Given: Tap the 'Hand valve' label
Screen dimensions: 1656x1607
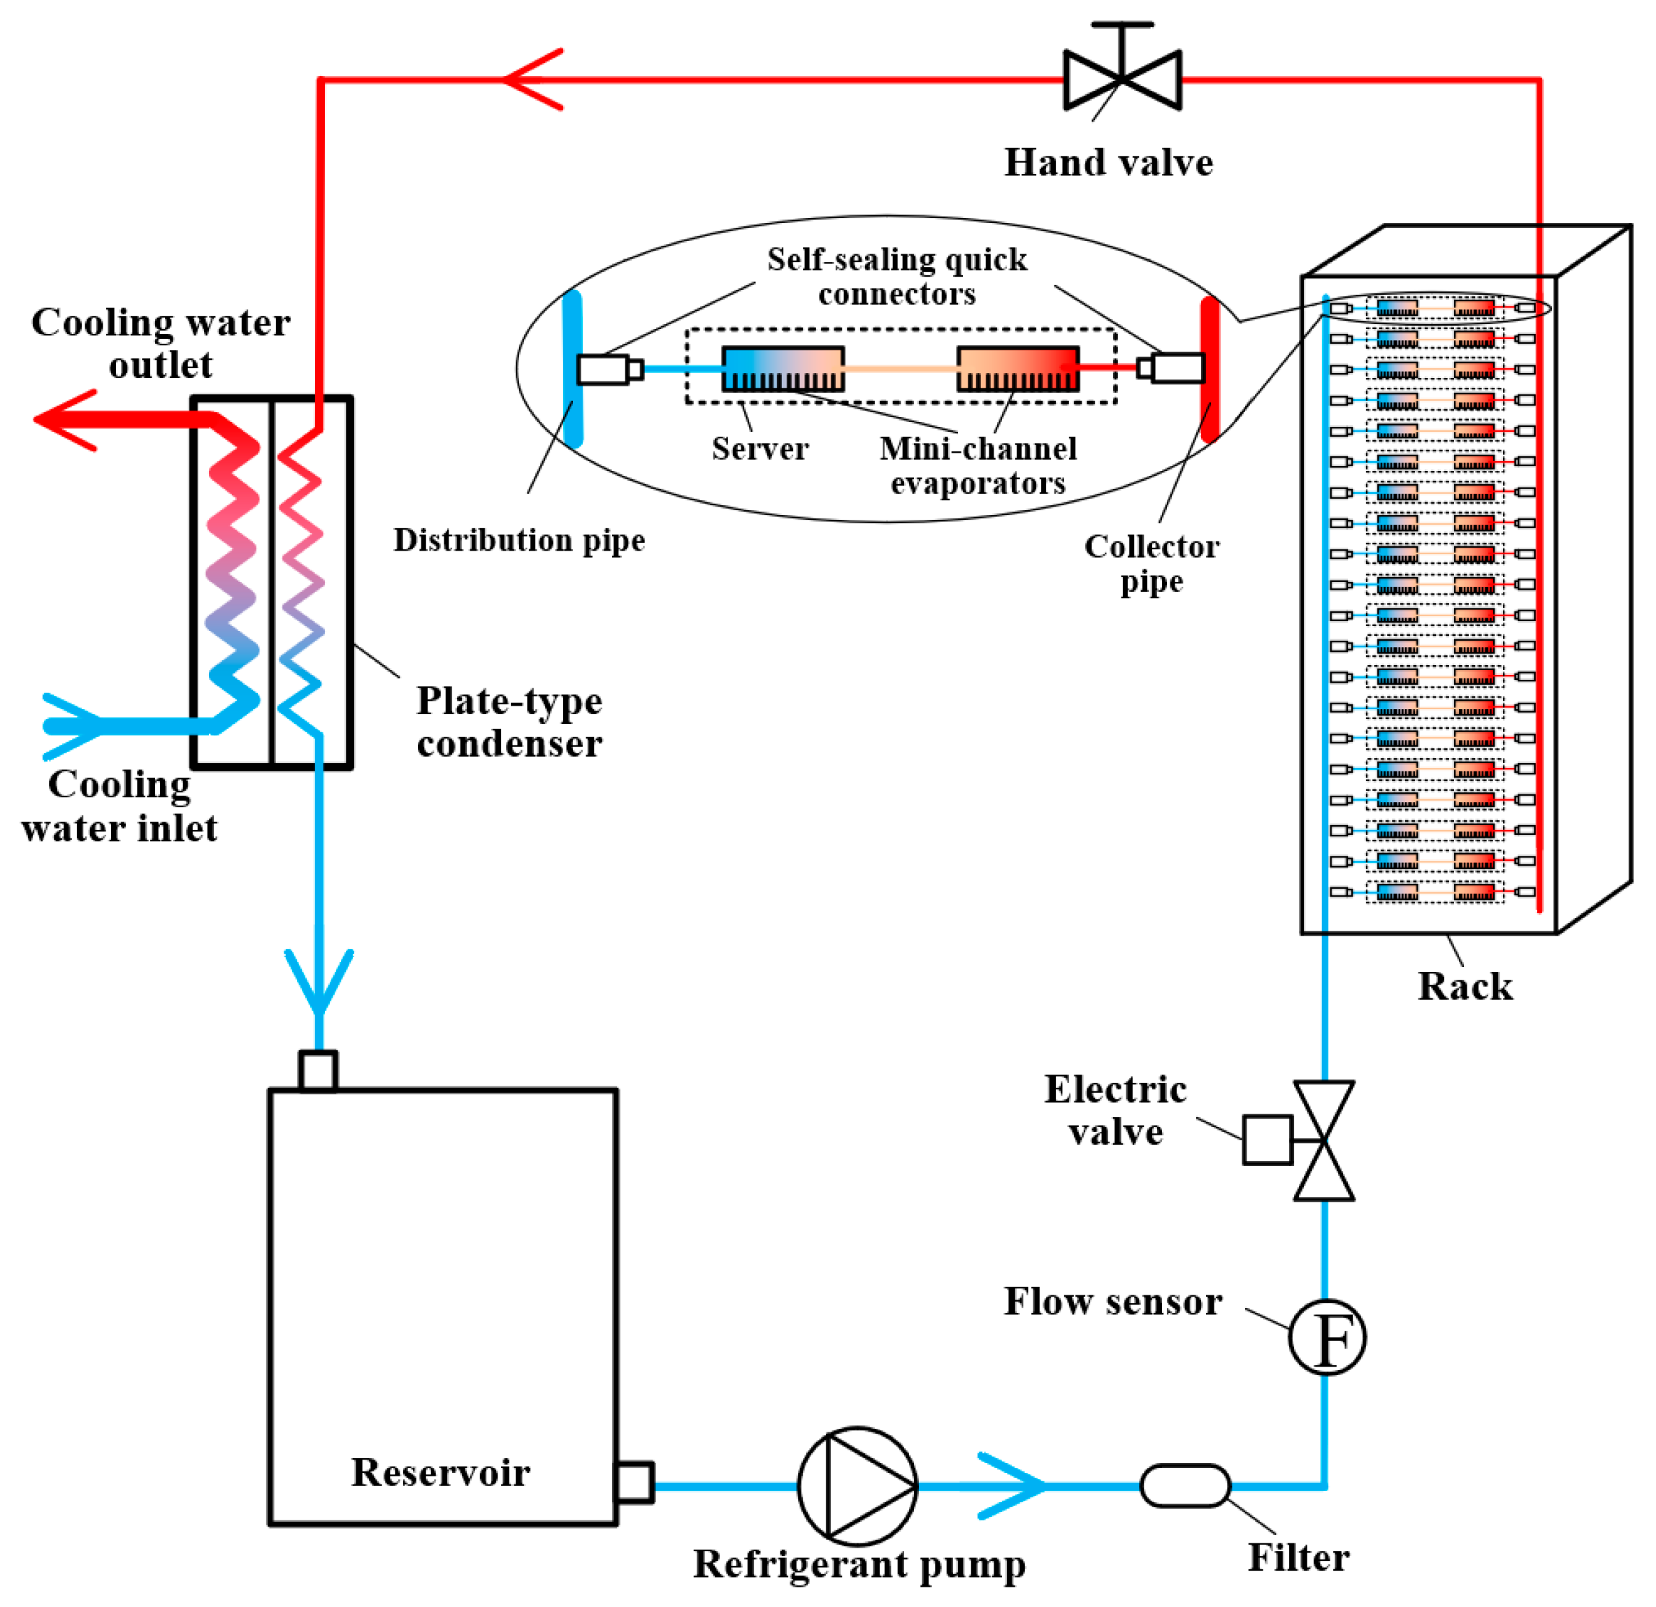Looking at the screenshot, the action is tap(1108, 162).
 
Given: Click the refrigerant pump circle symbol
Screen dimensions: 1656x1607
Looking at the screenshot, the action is tap(857, 1485).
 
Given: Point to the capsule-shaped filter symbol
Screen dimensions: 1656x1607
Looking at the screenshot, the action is tap(1184, 1485).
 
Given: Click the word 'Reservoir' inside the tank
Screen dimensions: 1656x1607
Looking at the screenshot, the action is tap(440, 1473).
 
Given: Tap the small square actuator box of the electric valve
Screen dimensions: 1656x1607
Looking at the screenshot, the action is tap(1268, 1140).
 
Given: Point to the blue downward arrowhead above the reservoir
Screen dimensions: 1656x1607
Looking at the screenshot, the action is tap(319, 982).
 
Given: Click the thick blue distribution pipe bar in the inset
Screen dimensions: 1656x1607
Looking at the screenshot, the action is tap(573, 368).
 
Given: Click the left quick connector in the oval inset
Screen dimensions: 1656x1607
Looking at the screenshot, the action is tap(610, 369).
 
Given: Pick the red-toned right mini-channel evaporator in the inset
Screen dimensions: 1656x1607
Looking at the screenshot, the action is tap(1017, 368).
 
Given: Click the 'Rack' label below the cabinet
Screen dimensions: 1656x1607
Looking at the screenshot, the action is tap(1465, 986).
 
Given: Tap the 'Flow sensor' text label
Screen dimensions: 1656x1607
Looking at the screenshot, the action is tap(1112, 1301).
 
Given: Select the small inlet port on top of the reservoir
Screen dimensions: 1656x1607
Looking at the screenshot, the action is tap(319, 1070).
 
